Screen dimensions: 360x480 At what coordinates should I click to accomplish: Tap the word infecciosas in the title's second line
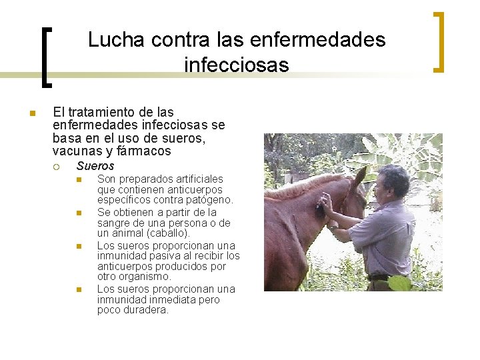pos(236,65)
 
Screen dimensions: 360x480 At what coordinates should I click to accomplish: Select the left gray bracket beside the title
pos(47,57)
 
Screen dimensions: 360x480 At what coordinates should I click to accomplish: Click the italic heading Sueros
pos(95,166)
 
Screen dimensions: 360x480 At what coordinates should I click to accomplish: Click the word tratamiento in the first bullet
pos(100,113)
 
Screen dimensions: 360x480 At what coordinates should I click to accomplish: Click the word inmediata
pos(178,299)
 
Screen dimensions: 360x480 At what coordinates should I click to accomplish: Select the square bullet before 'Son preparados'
pos(78,179)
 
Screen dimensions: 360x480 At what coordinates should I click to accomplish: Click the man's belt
pos(379,278)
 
